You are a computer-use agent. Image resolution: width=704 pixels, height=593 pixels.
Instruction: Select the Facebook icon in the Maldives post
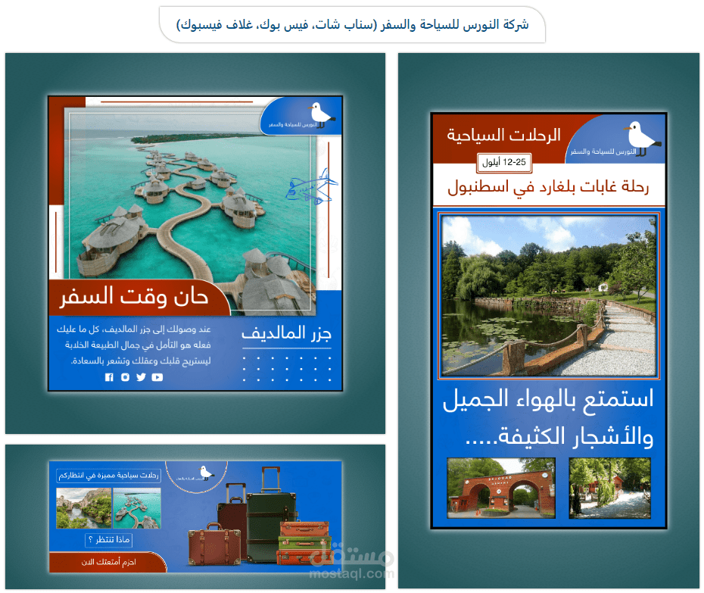(109, 377)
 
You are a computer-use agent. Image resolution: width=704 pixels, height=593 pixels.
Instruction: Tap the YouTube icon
(157, 377)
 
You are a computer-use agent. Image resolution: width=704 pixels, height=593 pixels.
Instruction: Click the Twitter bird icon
(141, 377)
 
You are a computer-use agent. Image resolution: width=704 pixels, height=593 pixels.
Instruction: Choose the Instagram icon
(125, 377)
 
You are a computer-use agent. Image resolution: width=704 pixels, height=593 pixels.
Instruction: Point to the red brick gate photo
(501, 488)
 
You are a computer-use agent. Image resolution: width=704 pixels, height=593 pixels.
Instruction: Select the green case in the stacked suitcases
(305, 542)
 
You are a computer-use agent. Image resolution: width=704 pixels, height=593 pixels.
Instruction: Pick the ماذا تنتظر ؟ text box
(110, 540)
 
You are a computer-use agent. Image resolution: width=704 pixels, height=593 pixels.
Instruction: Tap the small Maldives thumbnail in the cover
(136, 507)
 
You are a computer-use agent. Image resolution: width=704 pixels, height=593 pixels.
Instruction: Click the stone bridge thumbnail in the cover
(83, 507)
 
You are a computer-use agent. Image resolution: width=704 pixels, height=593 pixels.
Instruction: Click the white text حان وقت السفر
(134, 296)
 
